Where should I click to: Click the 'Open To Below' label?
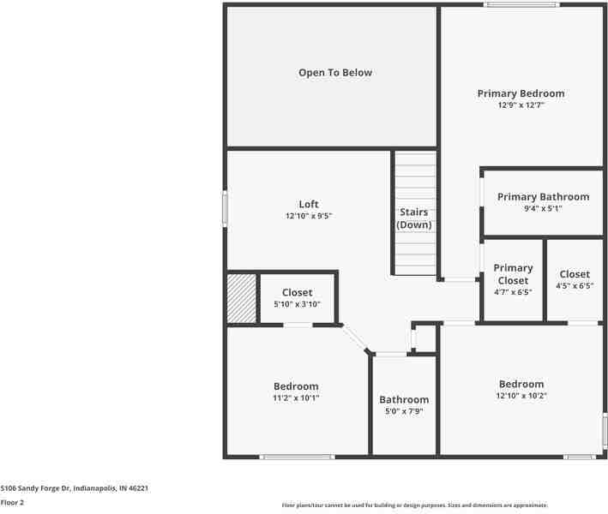point(335,73)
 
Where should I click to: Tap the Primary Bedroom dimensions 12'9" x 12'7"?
point(521,105)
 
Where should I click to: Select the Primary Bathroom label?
point(543,197)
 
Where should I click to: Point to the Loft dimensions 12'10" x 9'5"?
point(309,216)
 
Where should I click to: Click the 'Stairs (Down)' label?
point(414,218)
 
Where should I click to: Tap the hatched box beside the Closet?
point(242,298)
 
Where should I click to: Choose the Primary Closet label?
point(513,274)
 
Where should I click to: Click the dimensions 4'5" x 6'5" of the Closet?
point(575,286)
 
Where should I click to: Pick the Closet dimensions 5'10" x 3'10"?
point(297,304)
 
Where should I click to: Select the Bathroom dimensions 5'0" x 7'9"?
point(404,411)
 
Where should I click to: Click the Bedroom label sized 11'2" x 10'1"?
point(296,386)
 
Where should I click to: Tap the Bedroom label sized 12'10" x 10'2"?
point(521,384)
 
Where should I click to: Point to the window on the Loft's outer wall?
point(225,208)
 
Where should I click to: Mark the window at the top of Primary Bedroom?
point(521,4)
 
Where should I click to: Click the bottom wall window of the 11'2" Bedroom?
point(297,457)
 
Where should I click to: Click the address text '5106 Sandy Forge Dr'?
point(36,488)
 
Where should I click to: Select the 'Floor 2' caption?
point(12,502)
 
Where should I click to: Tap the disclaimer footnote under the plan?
point(414,505)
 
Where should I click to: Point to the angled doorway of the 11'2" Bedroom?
point(354,338)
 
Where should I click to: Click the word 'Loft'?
point(309,204)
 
